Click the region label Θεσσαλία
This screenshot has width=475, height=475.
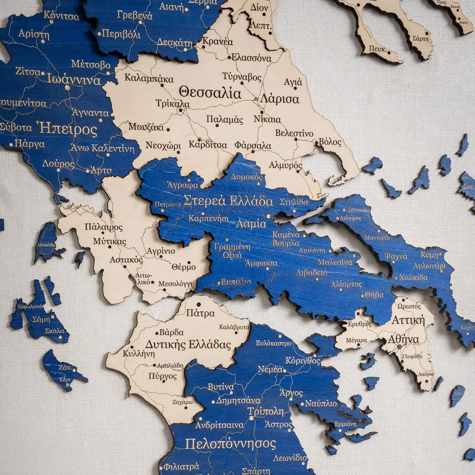210,93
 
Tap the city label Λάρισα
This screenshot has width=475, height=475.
279,99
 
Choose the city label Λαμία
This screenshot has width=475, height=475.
251,224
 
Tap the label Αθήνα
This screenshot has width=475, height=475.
403,339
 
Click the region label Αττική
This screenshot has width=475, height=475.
409,320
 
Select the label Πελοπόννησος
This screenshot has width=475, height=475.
230,444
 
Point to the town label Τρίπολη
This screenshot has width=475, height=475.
266,412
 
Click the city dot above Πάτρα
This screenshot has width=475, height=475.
199,304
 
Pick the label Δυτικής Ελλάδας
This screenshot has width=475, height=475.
188,345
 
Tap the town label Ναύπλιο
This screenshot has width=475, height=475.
321,404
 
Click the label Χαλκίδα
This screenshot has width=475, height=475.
413,277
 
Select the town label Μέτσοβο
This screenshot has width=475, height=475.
90,64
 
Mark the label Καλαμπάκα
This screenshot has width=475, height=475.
149,78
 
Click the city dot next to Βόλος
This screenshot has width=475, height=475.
316,143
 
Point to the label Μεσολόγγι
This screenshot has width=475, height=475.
175,284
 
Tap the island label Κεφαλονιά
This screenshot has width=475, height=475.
30,306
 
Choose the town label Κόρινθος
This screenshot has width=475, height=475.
303,361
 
